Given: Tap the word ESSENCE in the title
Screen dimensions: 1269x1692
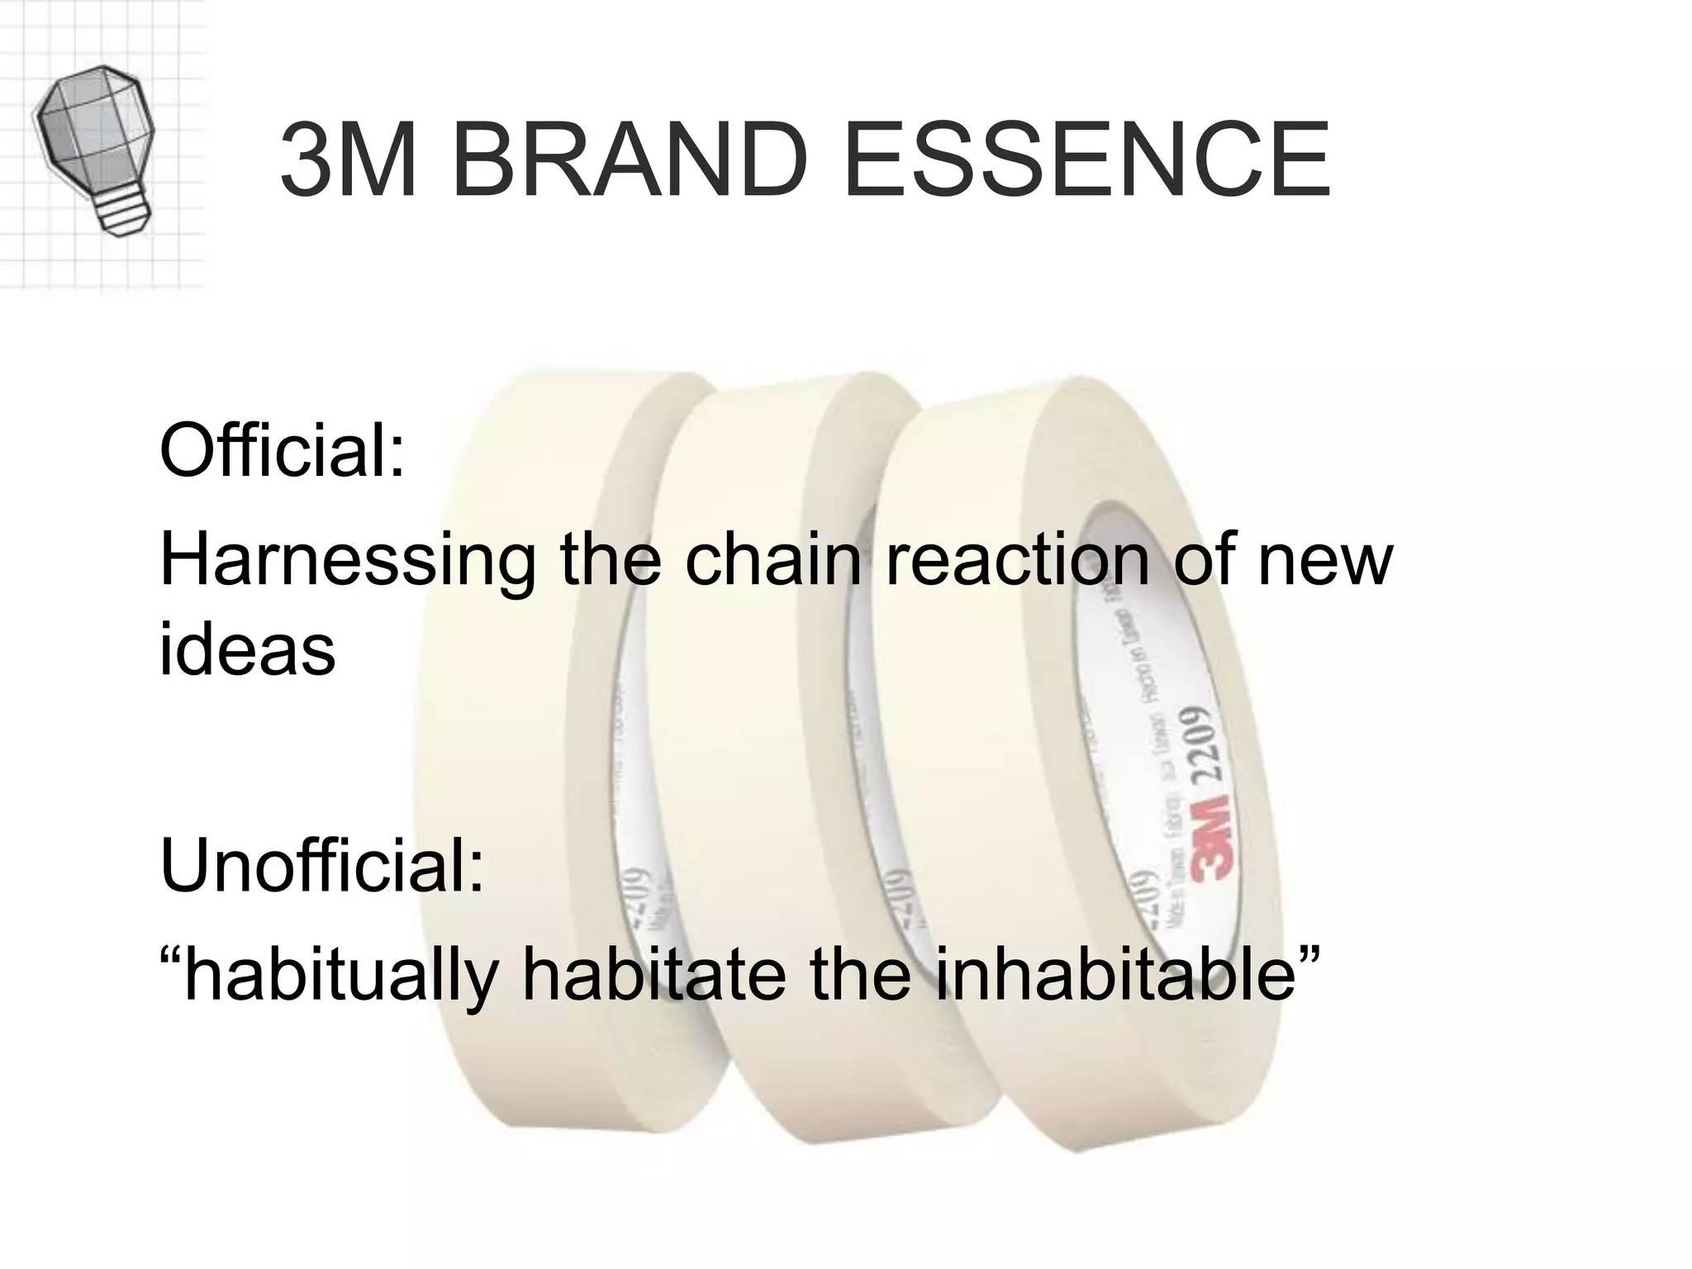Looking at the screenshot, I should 1086,160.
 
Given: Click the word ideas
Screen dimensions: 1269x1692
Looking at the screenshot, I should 247,648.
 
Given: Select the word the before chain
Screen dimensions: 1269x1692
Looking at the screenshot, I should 610,560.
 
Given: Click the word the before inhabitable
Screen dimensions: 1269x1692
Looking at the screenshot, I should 860,975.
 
